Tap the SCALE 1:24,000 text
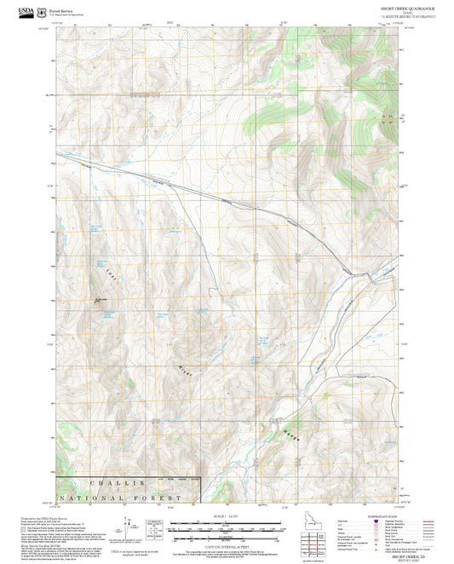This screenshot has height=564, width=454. pos(227,515)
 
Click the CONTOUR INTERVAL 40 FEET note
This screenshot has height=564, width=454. pos(227,546)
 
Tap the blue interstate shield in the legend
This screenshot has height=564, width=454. pos(376,521)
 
